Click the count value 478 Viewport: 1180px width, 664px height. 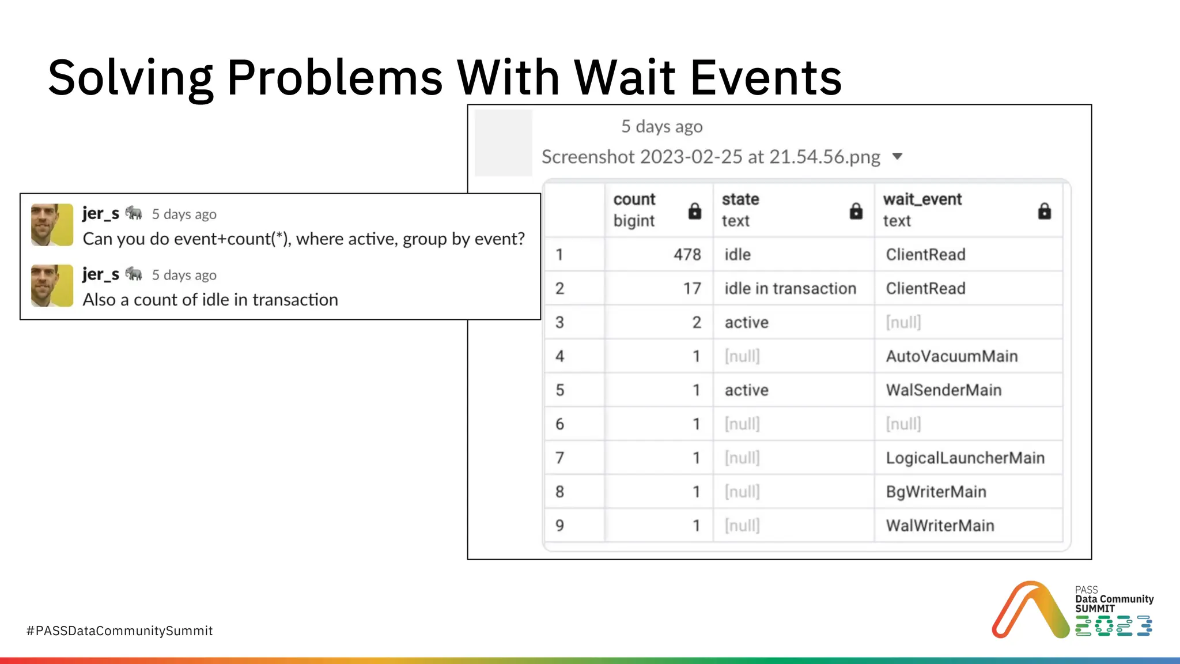(x=687, y=255)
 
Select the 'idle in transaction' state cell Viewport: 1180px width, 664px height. (x=790, y=289)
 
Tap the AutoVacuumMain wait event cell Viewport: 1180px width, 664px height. (x=951, y=356)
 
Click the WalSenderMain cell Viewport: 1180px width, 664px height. (x=943, y=390)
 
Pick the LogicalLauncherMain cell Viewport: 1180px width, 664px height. (x=965, y=458)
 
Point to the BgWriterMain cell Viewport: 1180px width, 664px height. (x=936, y=492)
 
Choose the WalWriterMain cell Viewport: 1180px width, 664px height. (x=940, y=526)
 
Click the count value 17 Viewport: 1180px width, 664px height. (x=691, y=289)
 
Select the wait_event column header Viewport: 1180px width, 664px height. (x=922, y=199)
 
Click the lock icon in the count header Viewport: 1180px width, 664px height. (x=695, y=211)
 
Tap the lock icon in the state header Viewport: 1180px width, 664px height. (x=856, y=211)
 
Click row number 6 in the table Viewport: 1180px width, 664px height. (x=559, y=424)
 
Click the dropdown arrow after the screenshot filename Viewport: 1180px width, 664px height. (x=897, y=157)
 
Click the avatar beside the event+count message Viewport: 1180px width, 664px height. (x=52, y=225)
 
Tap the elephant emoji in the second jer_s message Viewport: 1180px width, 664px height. (x=134, y=274)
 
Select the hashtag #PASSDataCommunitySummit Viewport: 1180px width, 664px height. (x=119, y=631)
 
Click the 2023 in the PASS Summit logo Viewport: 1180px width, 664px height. (x=1113, y=626)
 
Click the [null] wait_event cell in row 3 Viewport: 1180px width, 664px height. (x=903, y=322)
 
